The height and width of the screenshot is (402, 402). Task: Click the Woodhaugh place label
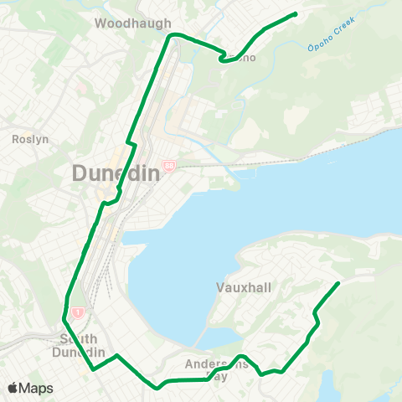[133, 23]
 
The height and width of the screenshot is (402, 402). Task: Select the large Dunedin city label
[115, 174]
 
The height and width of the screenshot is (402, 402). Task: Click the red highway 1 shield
[78, 312]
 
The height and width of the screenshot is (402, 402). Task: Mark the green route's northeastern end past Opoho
[296, 13]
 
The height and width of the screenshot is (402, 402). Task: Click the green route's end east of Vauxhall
[338, 283]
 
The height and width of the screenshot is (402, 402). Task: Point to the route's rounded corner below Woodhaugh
[172, 35]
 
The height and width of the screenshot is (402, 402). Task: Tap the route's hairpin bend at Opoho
[222, 59]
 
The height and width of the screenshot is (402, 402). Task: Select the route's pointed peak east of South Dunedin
[117, 356]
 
